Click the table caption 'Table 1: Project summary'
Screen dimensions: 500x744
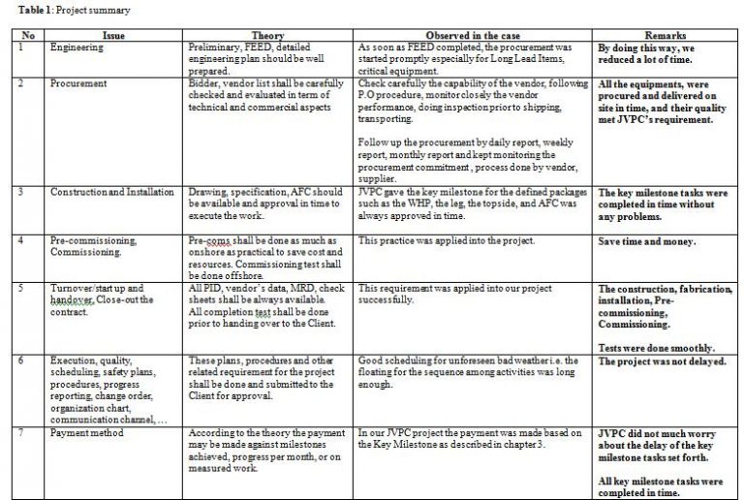point(68,10)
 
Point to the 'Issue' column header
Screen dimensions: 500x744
point(113,35)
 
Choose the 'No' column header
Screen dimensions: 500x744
point(28,35)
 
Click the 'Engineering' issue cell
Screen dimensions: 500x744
point(77,47)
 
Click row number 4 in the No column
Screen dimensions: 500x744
point(22,239)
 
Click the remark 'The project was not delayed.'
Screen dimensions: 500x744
point(662,361)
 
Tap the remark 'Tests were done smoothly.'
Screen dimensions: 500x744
point(656,347)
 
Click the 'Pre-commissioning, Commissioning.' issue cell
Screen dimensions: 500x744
point(92,245)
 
